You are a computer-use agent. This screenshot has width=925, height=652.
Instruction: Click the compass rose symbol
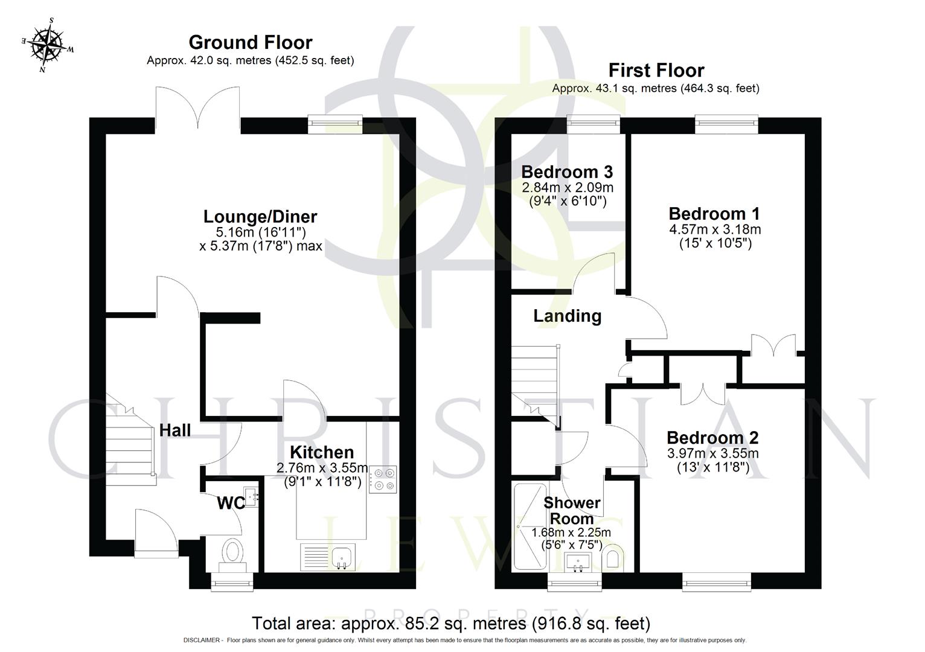(48, 46)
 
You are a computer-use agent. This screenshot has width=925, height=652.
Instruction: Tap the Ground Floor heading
(250, 42)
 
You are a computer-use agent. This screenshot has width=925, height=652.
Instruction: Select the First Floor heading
(656, 70)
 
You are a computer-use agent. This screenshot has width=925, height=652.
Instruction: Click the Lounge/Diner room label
(260, 216)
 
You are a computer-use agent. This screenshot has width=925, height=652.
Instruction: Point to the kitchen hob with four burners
(383, 479)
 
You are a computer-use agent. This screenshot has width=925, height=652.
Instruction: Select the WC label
(231, 502)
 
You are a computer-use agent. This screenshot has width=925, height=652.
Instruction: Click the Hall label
(175, 430)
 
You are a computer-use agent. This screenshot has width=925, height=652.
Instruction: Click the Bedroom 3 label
(567, 171)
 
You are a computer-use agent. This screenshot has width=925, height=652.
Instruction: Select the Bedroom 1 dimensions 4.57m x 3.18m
(714, 229)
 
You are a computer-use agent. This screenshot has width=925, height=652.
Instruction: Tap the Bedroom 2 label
(712, 438)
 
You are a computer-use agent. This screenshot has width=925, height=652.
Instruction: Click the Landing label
(567, 316)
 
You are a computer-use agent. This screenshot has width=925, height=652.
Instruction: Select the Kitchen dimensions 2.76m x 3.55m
(322, 467)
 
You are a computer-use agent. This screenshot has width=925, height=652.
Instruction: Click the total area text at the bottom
(450, 623)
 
